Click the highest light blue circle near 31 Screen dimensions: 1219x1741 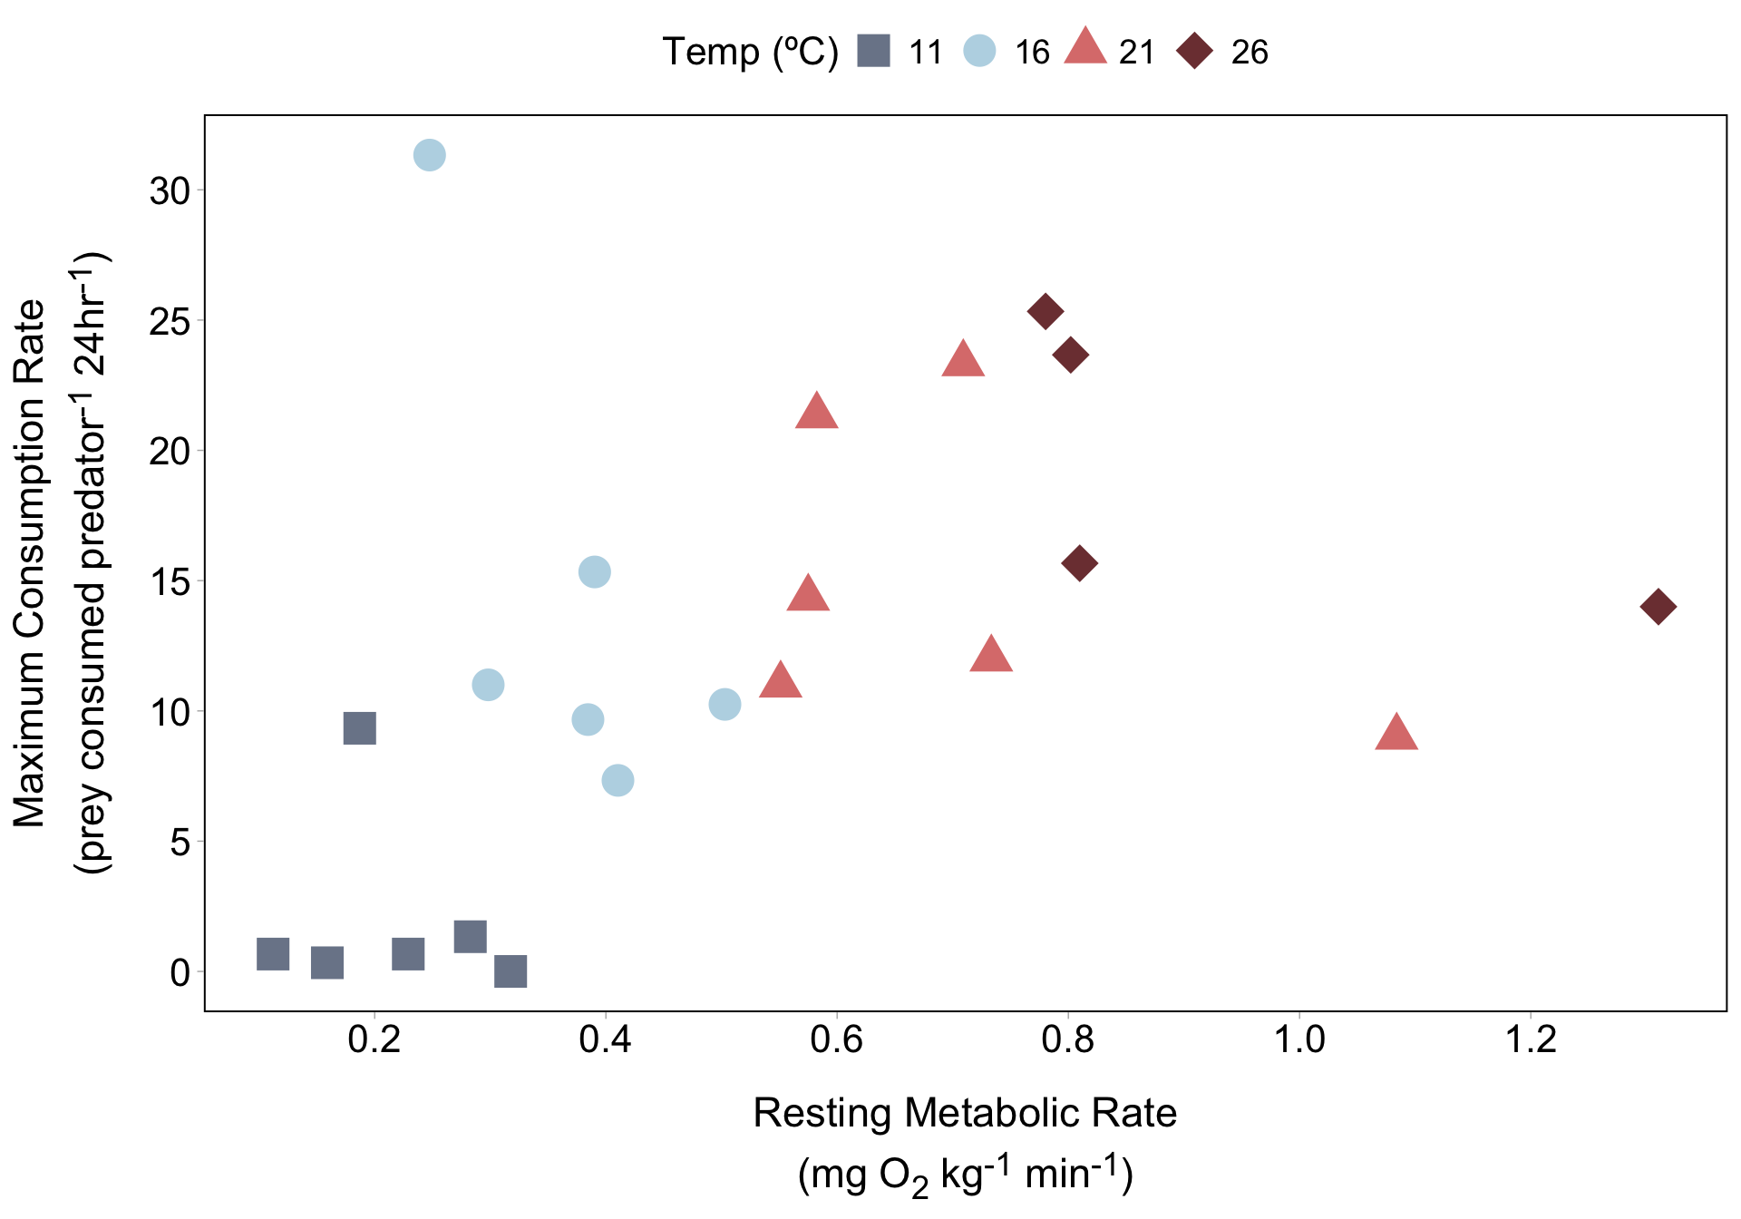point(429,155)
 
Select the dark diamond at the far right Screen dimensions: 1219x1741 point(1658,607)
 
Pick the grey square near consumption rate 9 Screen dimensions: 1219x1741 point(360,727)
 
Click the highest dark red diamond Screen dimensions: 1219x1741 point(1046,311)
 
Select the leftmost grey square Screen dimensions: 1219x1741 point(273,954)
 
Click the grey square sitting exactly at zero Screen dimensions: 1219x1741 point(511,971)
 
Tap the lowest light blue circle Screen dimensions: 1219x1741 point(618,780)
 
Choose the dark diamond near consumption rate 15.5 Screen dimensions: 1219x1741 point(1079,563)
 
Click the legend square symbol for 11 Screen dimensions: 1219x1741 point(874,51)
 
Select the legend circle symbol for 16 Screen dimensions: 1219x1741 point(979,51)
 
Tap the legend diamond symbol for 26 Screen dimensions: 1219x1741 point(1195,51)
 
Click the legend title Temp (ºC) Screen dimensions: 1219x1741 point(750,52)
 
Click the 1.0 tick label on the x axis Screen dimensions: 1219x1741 point(1299,1039)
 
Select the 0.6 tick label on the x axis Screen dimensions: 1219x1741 point(836,1039)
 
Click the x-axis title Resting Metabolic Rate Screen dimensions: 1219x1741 point(965,1113)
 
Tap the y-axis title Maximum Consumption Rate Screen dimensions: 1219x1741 point(30,562)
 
